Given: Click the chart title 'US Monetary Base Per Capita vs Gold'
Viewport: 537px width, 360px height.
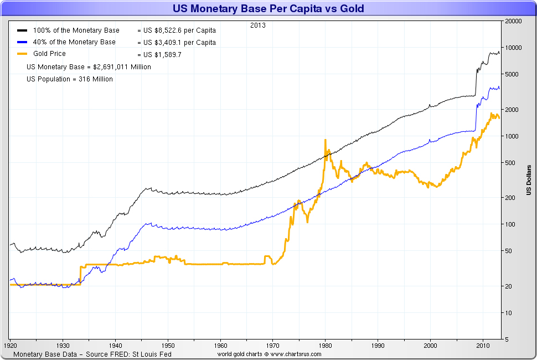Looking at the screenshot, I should pos(268,9).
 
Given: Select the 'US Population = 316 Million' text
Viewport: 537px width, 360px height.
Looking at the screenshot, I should pos(70,79).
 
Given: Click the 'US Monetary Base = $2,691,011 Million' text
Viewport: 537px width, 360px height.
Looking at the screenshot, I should pos(89,67).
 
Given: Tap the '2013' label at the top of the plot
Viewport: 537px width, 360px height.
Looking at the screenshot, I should pos(258,25).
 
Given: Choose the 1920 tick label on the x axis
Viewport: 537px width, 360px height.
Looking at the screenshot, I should pos(11,344).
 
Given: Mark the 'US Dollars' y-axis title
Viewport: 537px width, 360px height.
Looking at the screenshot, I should pos(529,181).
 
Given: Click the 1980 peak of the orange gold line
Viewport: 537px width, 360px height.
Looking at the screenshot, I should pos(325,140).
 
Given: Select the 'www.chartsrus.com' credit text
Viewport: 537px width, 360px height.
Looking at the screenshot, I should pos(295,354).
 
